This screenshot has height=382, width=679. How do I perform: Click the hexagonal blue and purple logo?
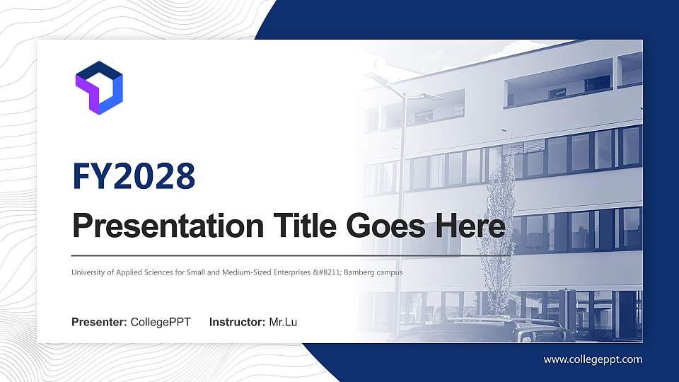click(99, 87)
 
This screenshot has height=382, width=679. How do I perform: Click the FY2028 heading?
click(133, 175)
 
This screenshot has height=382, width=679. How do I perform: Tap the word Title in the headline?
click(296, 228)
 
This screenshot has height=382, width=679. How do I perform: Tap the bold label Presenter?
click(99, 323)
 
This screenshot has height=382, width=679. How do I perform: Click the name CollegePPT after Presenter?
click(161, 323)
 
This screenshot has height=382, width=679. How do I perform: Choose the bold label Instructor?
click(238, 323)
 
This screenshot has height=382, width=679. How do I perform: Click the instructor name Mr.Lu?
click(283, 323)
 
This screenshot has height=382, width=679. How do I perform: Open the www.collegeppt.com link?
click(593, 359)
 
